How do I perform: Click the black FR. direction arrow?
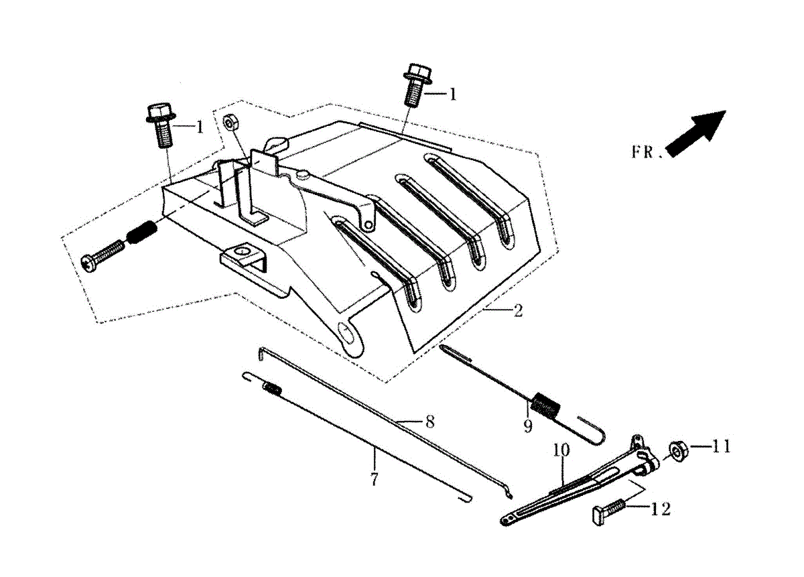[x=697, y=133]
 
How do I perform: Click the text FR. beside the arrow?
[x=645, y=151]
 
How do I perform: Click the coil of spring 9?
[x=545, y=406]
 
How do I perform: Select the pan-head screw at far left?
[x=102, y=257]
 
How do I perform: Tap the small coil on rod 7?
[x=271, y=387]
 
